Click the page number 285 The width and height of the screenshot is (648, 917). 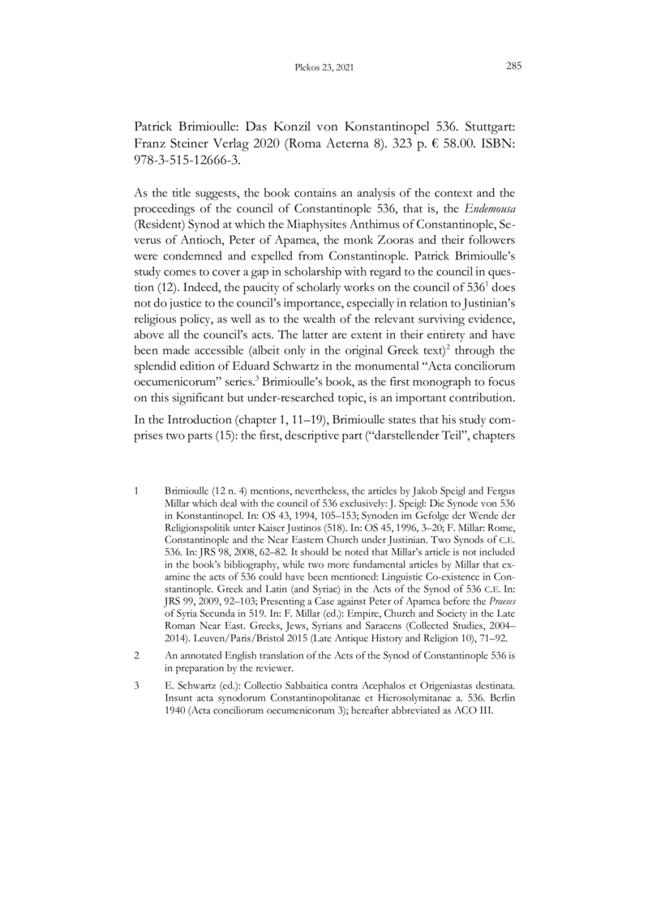click(x=513, y=67)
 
